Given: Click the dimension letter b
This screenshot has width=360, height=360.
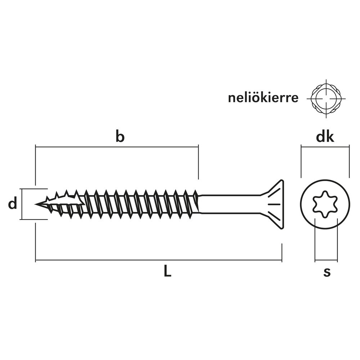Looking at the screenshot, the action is pos(120,136).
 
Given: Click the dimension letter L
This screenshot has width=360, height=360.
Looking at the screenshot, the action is pos(168,271).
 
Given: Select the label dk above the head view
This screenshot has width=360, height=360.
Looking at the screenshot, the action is pos(325,137).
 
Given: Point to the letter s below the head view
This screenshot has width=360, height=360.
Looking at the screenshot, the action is pos(327,272).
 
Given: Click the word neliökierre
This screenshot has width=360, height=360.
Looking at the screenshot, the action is pos(263,98).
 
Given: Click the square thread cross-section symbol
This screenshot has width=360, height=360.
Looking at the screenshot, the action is pos(326,99).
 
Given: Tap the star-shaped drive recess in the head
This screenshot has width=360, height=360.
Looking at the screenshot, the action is pos(325,204).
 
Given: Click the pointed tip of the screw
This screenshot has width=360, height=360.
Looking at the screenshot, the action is pos(36,204).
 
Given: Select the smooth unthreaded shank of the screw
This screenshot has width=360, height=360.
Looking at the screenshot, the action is pos(230,204).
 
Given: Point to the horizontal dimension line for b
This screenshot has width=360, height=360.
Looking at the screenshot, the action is pos(117,147).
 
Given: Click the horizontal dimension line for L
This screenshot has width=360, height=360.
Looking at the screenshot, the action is pos(159,260).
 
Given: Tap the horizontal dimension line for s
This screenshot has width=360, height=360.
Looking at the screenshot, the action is pos(326,261).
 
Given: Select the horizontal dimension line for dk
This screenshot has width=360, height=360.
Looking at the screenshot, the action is pos(325,147).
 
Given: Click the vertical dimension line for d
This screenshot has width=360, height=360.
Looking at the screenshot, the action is pos(22,204).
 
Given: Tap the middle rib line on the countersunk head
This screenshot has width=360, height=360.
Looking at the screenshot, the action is pos(274,204).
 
